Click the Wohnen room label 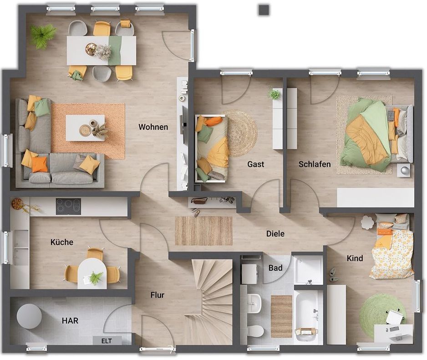(153, 127)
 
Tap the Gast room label (256, 164)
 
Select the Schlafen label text (315, 164)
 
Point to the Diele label (275, 234)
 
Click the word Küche (62, 242)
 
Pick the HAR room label (70, 321)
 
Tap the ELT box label (107, 341)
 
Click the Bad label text (275, 268)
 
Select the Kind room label (355, 258)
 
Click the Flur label (158, 295)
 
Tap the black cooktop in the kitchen (68, 206)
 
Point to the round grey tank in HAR (29, 316)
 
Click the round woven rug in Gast (241, 134)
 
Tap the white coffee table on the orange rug (85, 128)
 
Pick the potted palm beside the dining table (42, 36)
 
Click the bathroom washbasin (254, 303)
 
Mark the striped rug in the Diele (203, 231)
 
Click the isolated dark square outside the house (264, 10)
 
